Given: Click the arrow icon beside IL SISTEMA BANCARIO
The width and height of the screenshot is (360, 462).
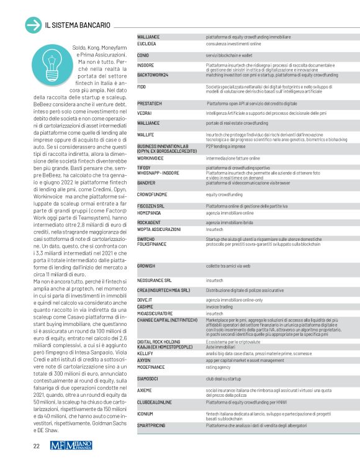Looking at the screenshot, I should click(32, 25).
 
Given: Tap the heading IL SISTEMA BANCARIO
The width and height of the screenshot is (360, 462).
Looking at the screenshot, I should click(78, 25).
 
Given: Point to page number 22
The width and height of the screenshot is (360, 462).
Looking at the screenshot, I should click(37, 445).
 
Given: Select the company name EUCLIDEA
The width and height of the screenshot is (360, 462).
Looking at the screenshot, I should click(146, 45).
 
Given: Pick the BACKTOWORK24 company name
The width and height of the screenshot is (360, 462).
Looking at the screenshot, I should click(153, 75).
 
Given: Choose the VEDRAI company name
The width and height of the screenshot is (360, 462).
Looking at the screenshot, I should click(145, 113).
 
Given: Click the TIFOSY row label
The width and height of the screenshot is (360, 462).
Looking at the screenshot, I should click(144, 168).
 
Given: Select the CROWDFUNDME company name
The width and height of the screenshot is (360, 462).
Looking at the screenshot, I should click(153, 194).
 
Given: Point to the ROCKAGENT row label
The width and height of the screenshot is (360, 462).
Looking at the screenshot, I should click(150, 222).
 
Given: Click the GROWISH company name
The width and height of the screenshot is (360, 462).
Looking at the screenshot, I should click(146, 266).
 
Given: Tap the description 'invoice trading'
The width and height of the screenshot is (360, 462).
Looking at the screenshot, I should click(219, 306).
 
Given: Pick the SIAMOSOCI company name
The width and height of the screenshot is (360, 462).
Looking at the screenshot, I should click(149, 378).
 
